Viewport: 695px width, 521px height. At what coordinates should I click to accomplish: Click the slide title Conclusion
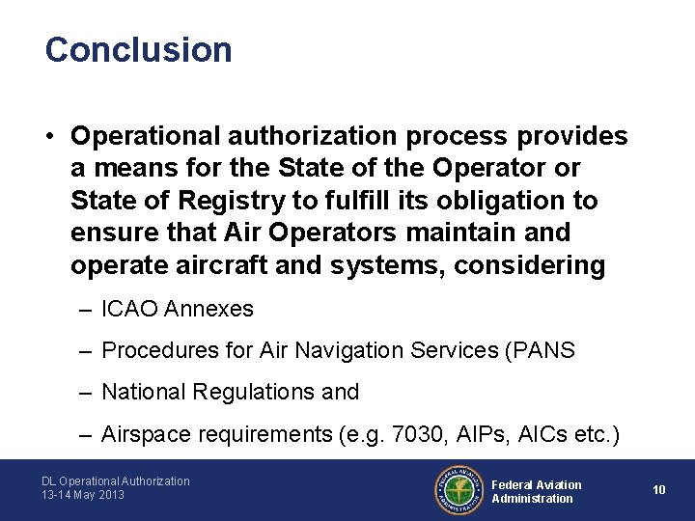point(138,50)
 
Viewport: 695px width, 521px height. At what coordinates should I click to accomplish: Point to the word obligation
point(478,201)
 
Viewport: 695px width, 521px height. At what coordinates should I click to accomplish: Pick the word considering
point(528,264)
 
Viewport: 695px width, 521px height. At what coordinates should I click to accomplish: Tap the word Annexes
point(209,309)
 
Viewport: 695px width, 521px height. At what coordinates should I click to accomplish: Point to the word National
point(141,392)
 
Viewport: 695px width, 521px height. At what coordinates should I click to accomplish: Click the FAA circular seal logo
point(459,489)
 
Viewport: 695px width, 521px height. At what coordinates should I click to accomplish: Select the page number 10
point(659,490)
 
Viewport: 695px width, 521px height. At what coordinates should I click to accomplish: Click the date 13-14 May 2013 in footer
point(83,496)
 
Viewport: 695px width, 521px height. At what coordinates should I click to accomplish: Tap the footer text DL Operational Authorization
point(116,481)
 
